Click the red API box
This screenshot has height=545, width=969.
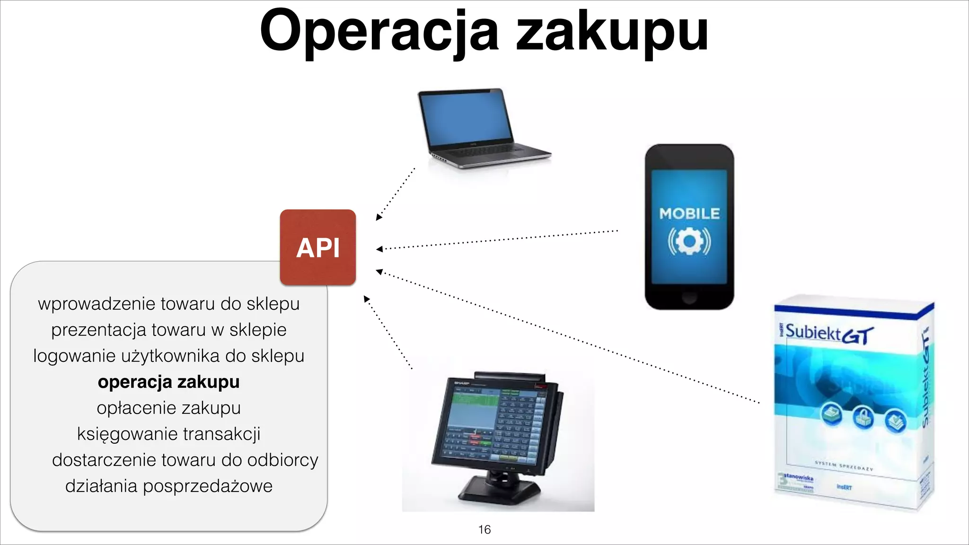pos(317,247)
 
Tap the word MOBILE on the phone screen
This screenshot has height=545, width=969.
pos(689,214)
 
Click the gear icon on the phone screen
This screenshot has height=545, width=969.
pos(689,241)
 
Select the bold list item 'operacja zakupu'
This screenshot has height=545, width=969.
pos(168,382)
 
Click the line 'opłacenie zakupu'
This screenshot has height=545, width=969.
pos(168,408)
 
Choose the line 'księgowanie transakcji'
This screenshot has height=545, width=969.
pos(168,434)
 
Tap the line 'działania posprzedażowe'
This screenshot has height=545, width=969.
pos(168,486)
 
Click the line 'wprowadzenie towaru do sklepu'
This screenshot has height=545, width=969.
pos(168,304)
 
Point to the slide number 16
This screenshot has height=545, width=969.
pos(484,529)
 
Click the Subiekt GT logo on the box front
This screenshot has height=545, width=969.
pos(828,334)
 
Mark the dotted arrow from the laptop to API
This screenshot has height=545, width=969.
pos(396,194)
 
